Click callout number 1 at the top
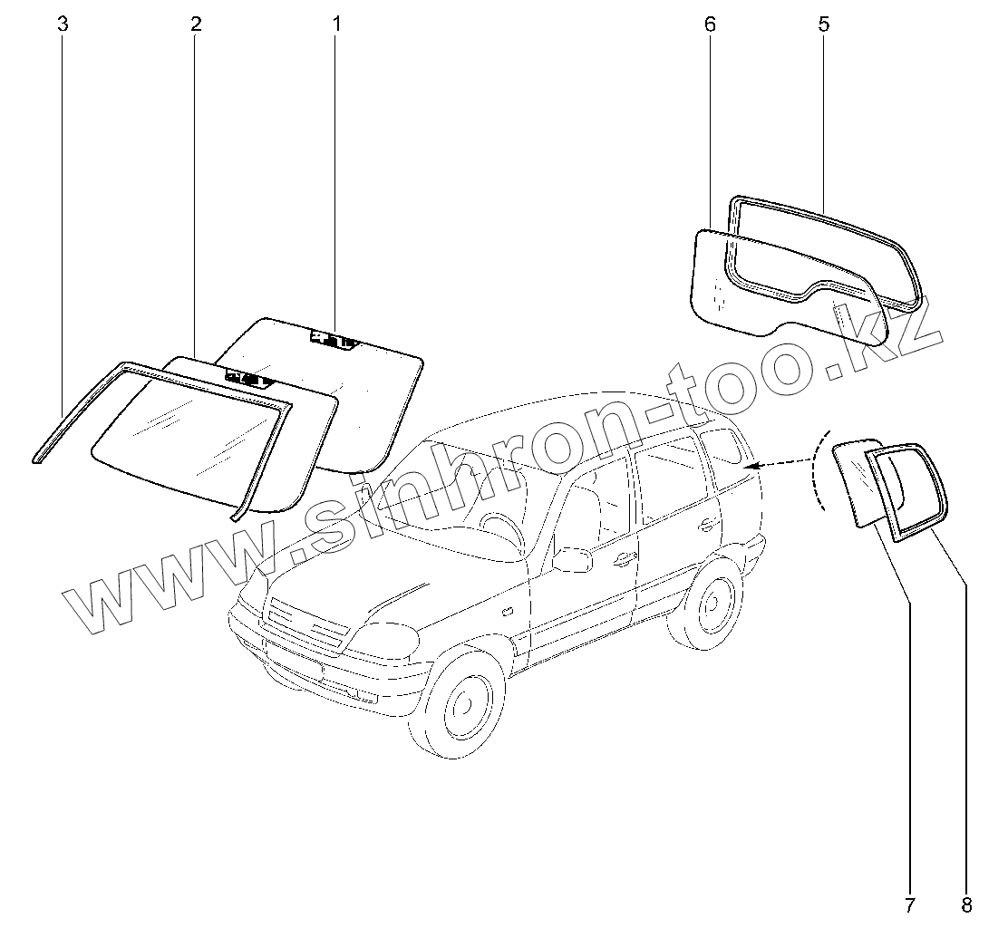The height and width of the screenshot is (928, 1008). [336, 24]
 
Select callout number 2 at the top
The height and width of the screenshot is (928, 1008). [196, 24]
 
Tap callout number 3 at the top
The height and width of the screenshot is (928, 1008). [63, 24]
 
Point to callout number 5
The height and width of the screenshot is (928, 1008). [823, 24]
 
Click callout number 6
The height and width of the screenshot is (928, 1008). [709, 24]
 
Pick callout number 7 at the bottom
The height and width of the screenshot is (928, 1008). [909, 904]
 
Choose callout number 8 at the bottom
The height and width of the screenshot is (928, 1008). [966, 904]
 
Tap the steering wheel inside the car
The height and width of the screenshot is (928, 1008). [499, 526]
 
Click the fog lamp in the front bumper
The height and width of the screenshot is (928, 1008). [364, 695]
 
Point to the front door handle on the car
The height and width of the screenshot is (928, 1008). [622, 559]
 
